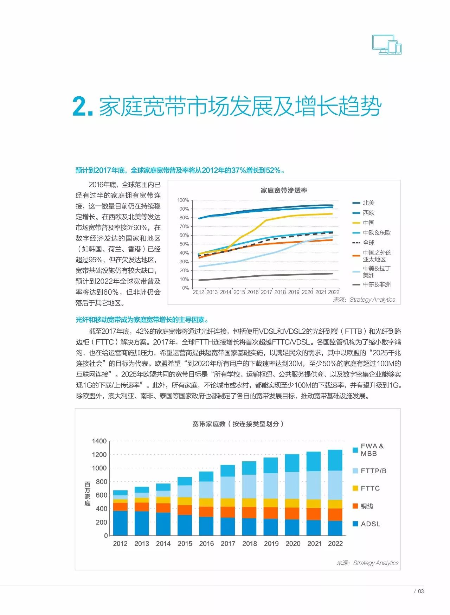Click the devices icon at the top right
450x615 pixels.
pos(387,45)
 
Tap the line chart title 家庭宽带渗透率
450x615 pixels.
pos(284,190)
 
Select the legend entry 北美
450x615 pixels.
pos(368,203)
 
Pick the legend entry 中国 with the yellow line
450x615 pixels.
pos(368,223)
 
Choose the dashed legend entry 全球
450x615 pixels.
pos(368,243)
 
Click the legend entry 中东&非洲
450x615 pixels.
pos(377,284)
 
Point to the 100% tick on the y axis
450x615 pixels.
pos(183,200)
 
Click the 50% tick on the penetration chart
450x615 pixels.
pos(184,244)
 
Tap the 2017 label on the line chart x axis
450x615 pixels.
pos(266,292)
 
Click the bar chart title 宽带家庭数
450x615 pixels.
pos(238,424)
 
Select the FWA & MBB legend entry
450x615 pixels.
pos(372,450)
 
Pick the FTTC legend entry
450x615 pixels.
pos(370,488)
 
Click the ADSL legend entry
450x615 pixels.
pos(370,524)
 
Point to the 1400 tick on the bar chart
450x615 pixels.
pos(99,441)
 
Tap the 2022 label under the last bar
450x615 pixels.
pos(335,544)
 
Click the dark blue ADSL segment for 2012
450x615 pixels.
pos(120,523)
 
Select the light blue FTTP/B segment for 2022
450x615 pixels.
pos(335,485)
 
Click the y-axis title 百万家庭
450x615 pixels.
pos(88,494)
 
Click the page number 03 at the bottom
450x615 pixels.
pos(420,591)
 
